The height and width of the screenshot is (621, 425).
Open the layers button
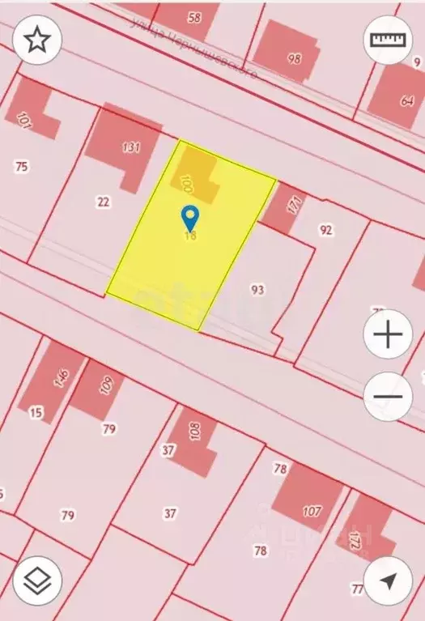[x=36, y=581]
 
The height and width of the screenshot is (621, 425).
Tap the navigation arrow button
[x=389, y=581]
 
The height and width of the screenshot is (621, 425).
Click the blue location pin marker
[x=190, y=217]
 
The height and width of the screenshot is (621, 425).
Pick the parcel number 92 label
[x=325, y=230]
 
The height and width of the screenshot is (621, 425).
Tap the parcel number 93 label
[x=258, y=289]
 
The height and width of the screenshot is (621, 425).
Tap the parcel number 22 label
[x=103, y=202]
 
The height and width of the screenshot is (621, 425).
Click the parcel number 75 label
[x=22, y=166]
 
